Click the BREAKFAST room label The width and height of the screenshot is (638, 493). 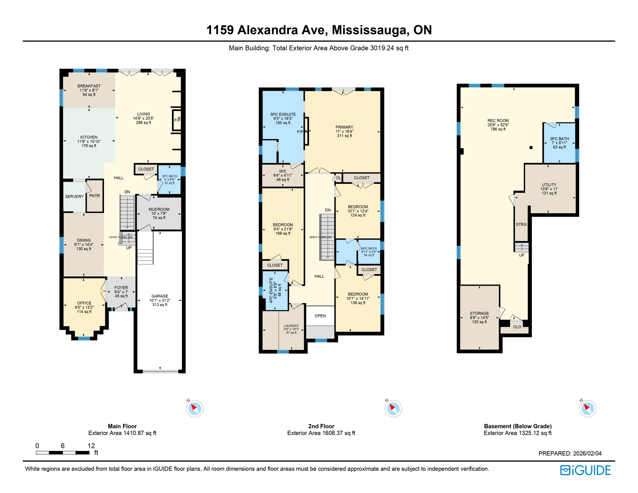pos(89,86)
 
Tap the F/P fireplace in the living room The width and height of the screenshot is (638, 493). pos(177,120)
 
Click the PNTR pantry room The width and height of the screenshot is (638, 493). pos(94,196)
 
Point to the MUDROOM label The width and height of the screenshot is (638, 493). pos(159,209)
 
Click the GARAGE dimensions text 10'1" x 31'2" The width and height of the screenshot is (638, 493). pos(160,300)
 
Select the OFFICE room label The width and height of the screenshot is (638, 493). pos(84,303)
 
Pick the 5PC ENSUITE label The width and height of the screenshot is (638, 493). pos(283,114)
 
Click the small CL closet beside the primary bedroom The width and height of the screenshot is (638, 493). pos(338,178)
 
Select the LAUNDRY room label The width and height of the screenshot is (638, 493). pos(291,326)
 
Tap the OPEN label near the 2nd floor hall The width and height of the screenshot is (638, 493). pos(320,316)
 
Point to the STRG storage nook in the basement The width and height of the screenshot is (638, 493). pos(521,224)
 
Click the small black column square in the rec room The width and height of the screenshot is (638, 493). pos(531,148)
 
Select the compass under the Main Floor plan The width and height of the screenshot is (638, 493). pos(195,409)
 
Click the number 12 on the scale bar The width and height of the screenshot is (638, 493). pos(91,445)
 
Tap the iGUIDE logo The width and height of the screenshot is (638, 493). pos(585,470)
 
